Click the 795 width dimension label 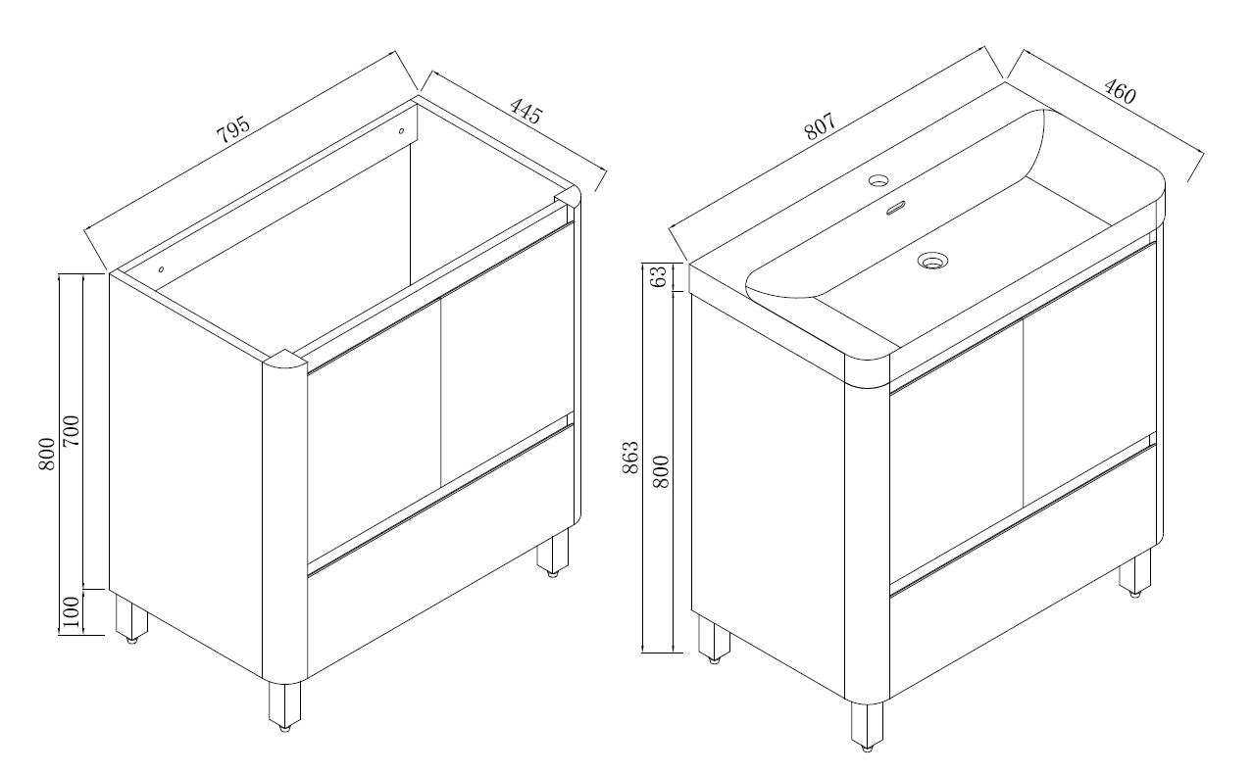(x=232, y=130)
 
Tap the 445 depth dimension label (x=526, y=112)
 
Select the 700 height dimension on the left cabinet (x=72, y=430)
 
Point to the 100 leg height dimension (x=72, y=612)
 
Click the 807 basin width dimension (x=820, y=126)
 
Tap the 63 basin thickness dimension (x=660, y=276)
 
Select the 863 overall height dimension (x=630, y=458)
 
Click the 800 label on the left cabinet (x=47, y=454)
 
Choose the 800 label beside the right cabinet (x=661, y=472)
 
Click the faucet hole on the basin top (x=878, y=180)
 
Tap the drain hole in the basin (x=932, y=261)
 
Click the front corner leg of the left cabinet (x=284, y=706)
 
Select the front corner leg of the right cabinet (x=867, y=725)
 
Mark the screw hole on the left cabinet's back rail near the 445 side (x=401, y=130)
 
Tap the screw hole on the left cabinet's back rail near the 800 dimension (x=161, y=269)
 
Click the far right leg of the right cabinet (x=1134, y=572)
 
